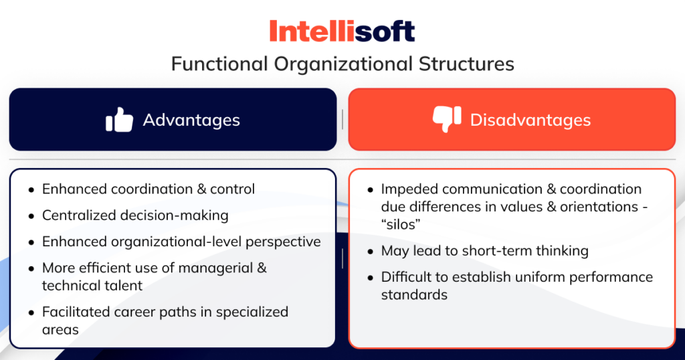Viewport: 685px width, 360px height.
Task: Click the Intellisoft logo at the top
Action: tap(342, 31)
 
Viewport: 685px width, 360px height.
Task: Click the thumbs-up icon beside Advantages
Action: tap(120, 120)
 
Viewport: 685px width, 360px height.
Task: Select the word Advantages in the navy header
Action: tap(191, 120)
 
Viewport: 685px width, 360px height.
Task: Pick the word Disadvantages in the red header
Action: tap(530, 120)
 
